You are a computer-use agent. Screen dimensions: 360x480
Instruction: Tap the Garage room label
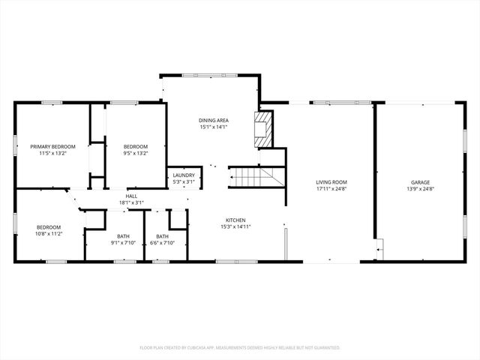coord(420,182)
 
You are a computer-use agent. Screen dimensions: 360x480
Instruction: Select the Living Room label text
coord(331,182)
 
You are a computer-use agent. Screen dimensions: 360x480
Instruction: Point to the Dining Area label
coord(214,120)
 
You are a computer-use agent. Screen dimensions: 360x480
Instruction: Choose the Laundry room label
coord(184,175)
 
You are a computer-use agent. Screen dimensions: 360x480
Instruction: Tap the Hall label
coord(131,196)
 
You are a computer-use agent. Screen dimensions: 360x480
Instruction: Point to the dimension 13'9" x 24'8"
coord(420,188)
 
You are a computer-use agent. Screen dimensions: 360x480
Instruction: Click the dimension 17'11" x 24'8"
coord(331,188)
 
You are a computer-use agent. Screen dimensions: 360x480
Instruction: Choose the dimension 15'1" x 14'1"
coord(214,127)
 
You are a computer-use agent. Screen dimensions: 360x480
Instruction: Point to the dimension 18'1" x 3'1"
coord(131,202)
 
